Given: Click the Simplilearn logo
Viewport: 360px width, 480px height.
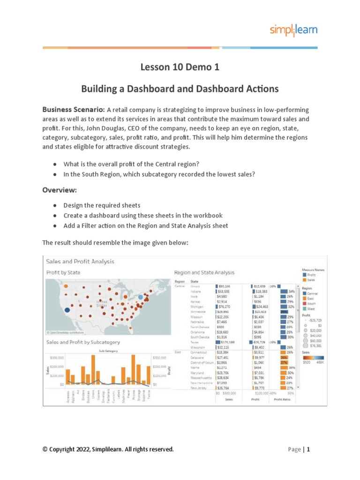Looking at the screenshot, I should pyautogui.click(x=293, y=30).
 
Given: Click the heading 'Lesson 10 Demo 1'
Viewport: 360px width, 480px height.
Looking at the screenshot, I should pyautogui.click(x=180, y=67).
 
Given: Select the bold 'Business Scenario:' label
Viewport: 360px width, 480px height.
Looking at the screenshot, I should pyautogui.click(x=74, y=109).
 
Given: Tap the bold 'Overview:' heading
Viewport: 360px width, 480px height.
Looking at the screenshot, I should pyautogui.click(x=60, y=190).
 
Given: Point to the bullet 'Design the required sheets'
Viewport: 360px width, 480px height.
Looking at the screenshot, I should pyautogui.click(x=102, y=205).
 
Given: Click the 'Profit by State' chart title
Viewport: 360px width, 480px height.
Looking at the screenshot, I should pyautogui.click(x=63, y=272).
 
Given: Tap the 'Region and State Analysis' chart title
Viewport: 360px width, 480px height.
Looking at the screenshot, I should pyautogui.click(x=204, y=272).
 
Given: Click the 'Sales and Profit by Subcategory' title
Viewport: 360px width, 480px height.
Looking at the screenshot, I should pyautogui.click(x=83, y=342).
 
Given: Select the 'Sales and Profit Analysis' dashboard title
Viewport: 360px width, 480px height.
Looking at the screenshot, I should pyautogui.click(x=80, y=262).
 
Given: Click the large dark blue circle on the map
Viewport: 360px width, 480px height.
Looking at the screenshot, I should pyautogui.click(x=67, y=310).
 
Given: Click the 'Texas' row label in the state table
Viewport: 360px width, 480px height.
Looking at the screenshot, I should pyautogui.click(x=195, y=342).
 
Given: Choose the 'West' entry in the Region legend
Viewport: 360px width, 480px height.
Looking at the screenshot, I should pyautogui.click(x=311, y=308).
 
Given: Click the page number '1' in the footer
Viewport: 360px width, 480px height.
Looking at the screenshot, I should pyautogui.click(x=308, y=450).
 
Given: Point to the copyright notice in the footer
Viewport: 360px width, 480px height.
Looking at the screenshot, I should pyautogui.click(x=108, y=450).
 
